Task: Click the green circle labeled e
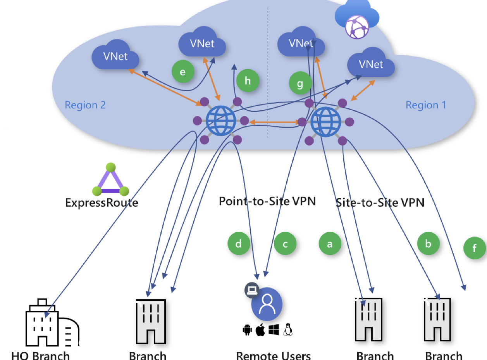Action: (183, 72)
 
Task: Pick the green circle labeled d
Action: (239, 244)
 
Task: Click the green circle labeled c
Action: (285, 244)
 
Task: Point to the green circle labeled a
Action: (330, 244)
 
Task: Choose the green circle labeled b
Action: (428, 244)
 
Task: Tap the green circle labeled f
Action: (475, 248)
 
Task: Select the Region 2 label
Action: (85, 105)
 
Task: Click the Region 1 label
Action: (426, 105)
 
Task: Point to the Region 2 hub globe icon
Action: (220, 121)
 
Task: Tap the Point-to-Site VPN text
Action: (267, 201)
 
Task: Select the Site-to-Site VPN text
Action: (380, 202)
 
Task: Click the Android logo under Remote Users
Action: (247, 330)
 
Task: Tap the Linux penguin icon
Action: (287, 330)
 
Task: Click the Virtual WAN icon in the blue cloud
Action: (356, 23)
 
